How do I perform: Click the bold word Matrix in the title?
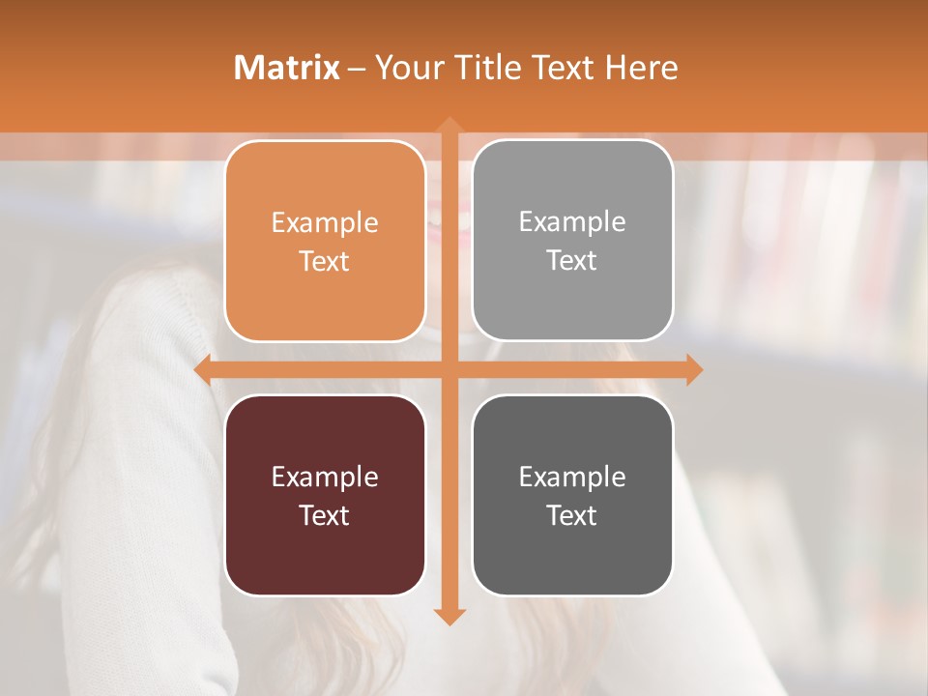click(x=286, y=68)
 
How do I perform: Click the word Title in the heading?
click(x=486, y=68)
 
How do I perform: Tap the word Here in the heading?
click(x=642, y=68)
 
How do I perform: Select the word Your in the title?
click(x=409, y=68)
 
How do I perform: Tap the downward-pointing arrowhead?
click(x=449, y=616)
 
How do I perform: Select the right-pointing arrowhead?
click(x=694, y=370)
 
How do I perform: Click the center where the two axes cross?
click(x=449, y=370)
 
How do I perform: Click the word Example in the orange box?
click(x=325, y=223)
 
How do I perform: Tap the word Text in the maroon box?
click(x=325, y=515)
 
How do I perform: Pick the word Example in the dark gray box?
click(x=572, y=477)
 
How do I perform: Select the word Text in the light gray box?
click(x=572, y=261)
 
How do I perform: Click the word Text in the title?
click(x=561, y=68)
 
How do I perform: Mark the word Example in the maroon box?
click(x=325, y=477)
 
